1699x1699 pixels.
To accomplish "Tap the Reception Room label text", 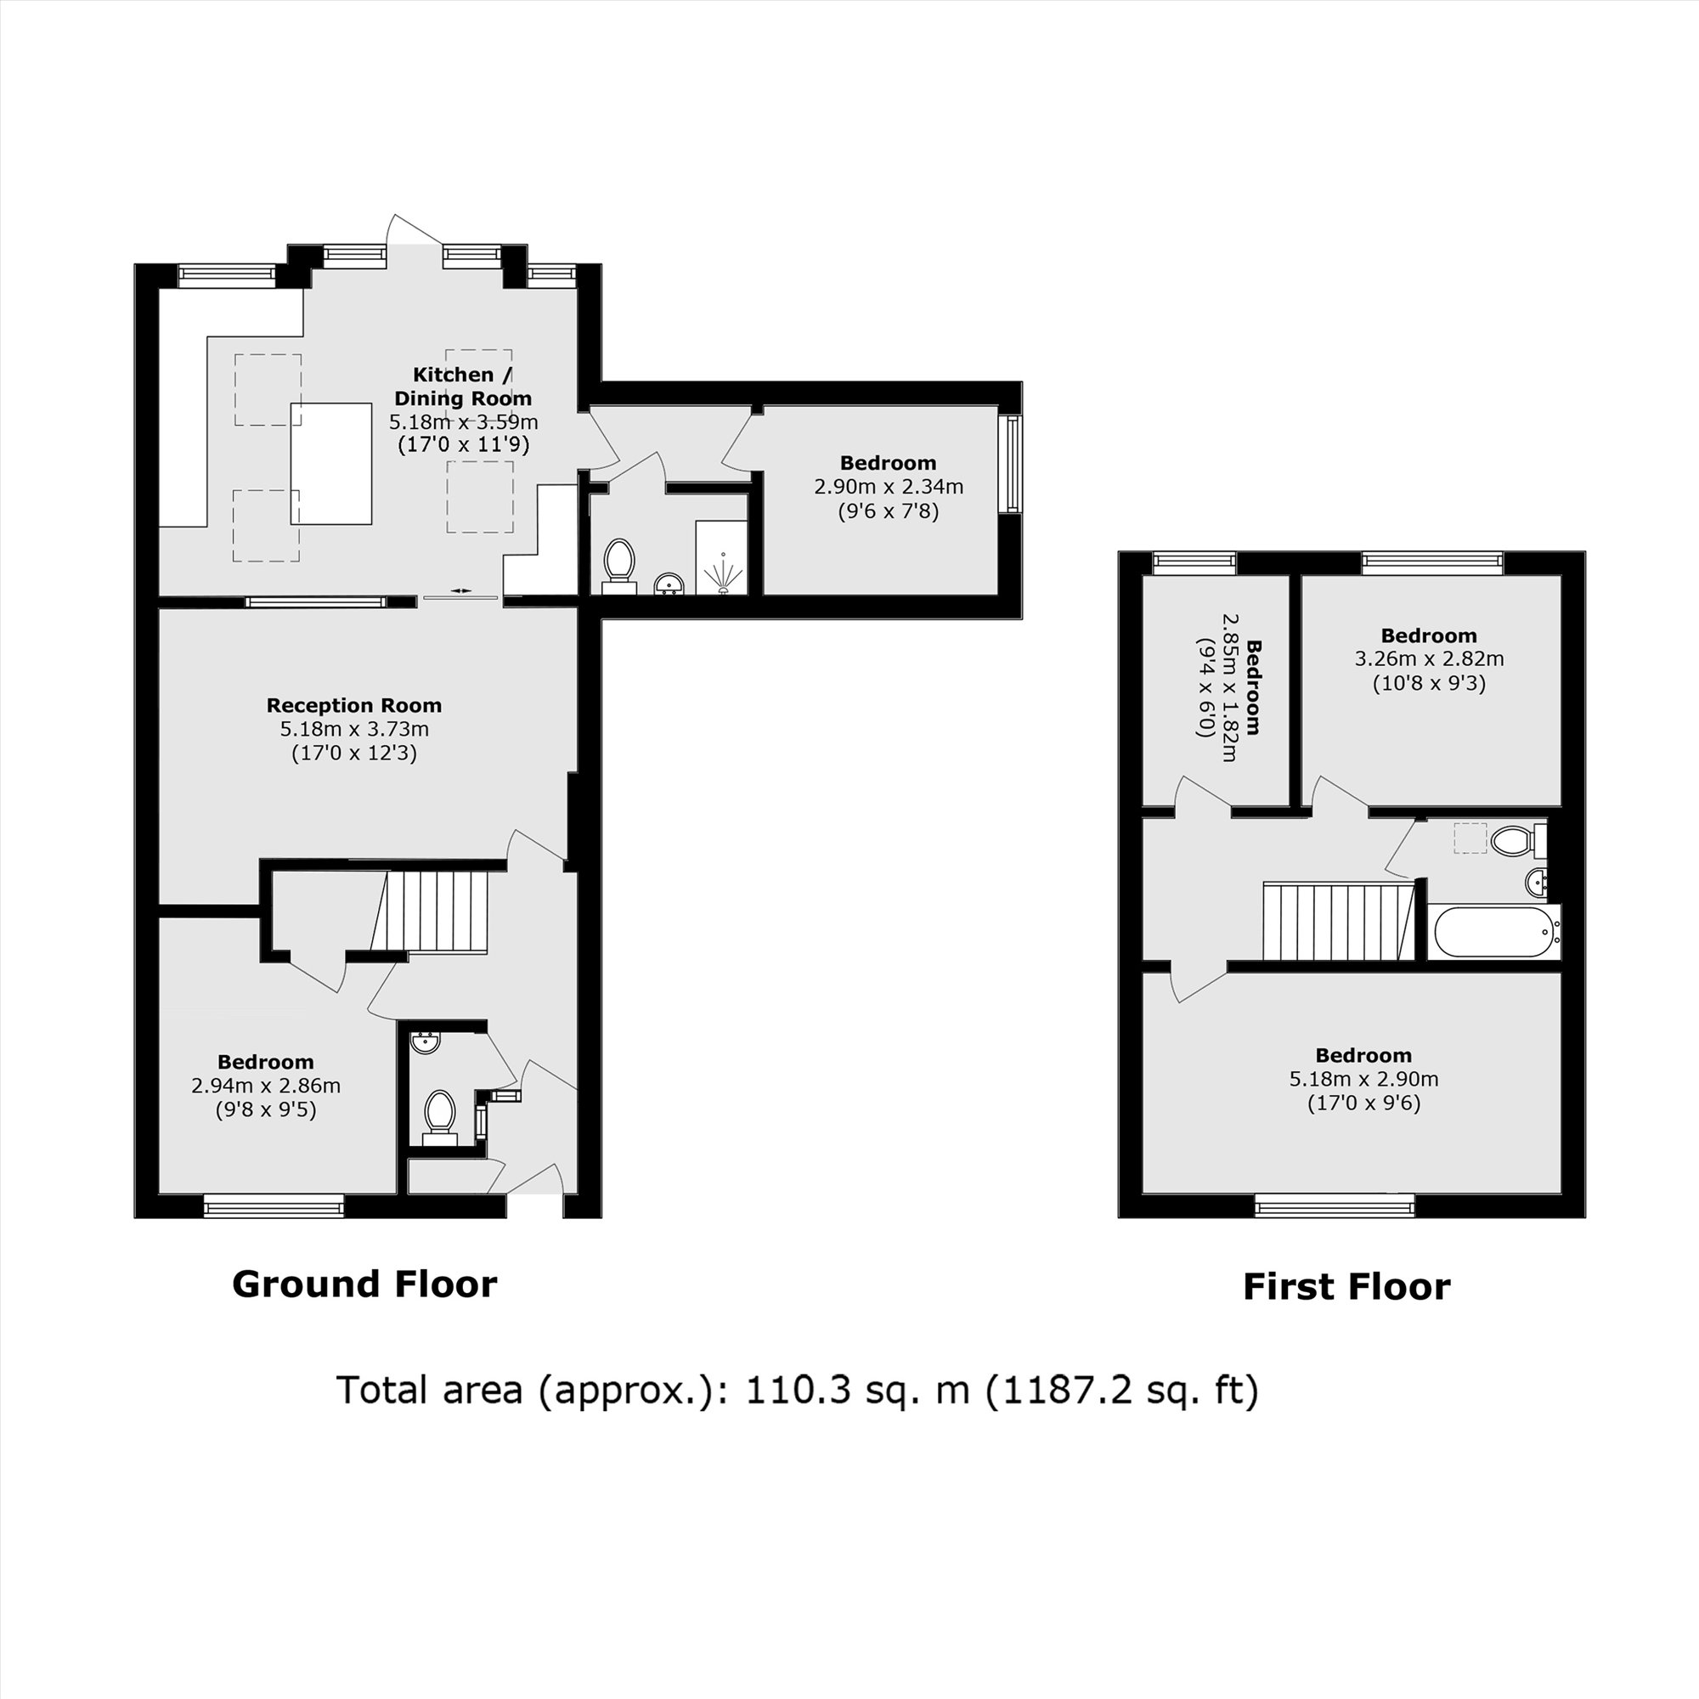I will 353,705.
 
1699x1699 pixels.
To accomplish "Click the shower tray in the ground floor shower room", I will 721,557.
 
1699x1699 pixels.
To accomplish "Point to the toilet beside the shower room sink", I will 619,561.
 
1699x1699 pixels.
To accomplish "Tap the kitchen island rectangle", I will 330,464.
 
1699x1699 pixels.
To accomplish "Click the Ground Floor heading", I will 364,1284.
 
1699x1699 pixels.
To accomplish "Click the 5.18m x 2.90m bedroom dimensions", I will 1363,1079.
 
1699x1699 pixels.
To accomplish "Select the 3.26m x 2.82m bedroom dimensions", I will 1428,658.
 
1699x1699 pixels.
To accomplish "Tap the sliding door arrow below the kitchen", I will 460,591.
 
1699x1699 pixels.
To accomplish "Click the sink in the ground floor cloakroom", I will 426,1042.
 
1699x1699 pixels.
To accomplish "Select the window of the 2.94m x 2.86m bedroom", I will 274,1205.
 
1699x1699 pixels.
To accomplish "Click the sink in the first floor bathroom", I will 1538,879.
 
